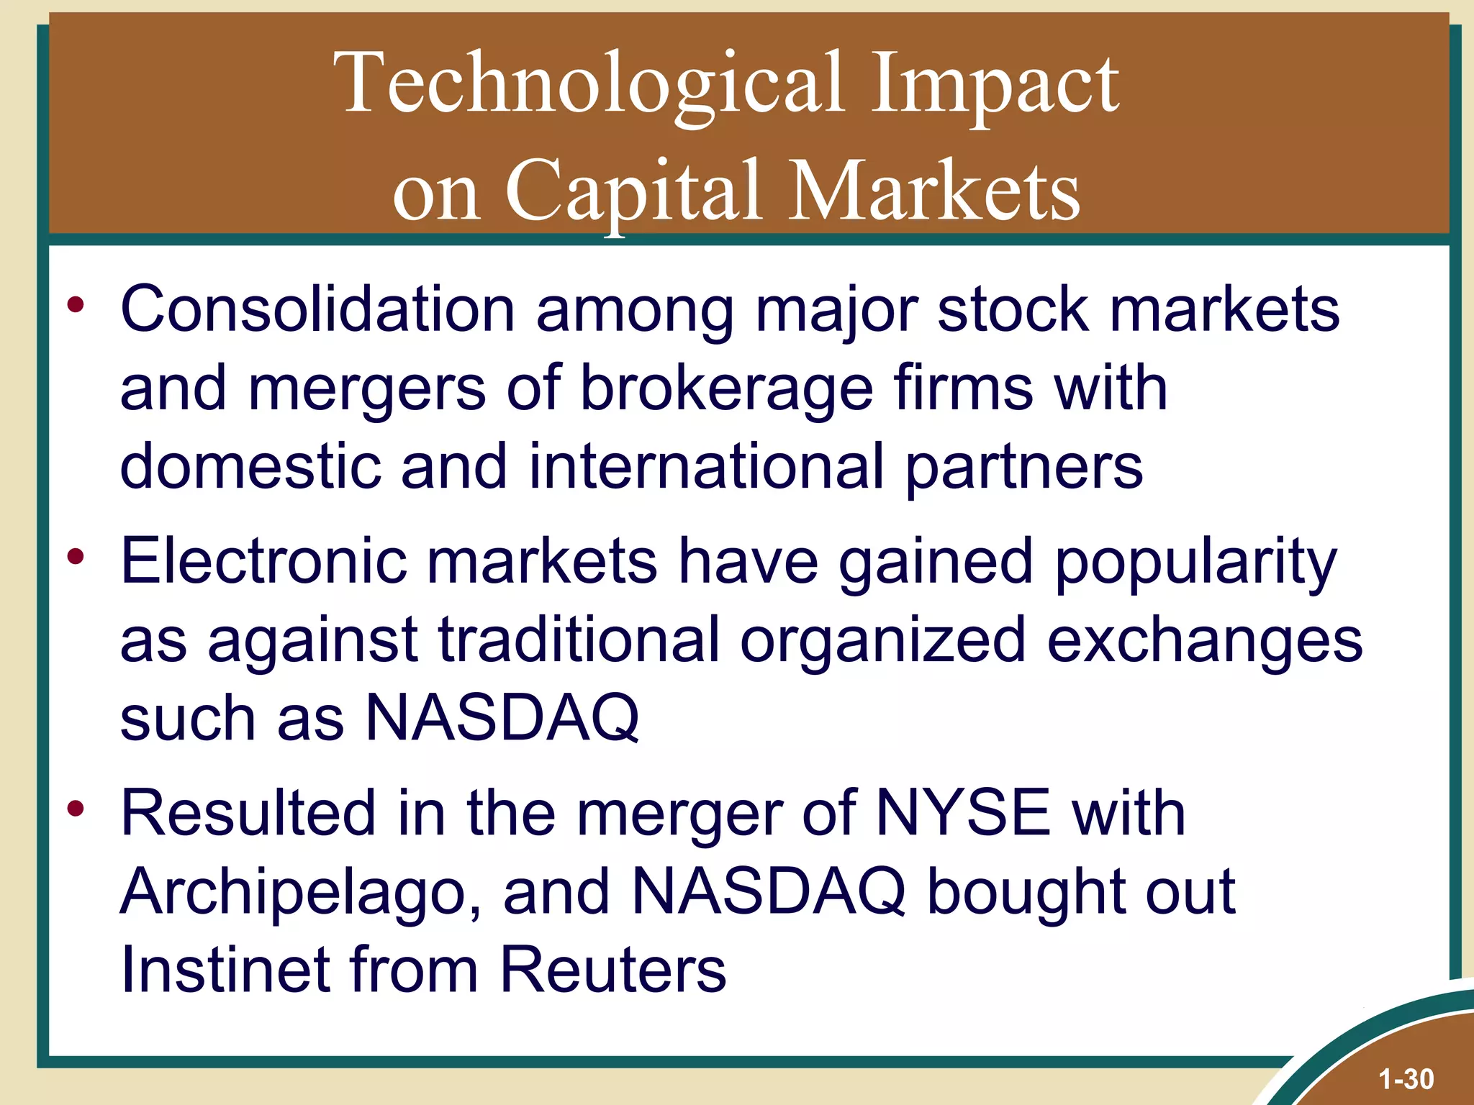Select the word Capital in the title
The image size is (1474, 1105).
click(633, 191)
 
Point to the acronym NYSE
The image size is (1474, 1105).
click(963, 813)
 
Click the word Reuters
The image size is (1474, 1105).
click(612, 970)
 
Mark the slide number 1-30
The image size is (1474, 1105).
click(1406, 1079)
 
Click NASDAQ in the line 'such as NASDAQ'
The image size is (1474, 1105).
click(502, 718)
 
